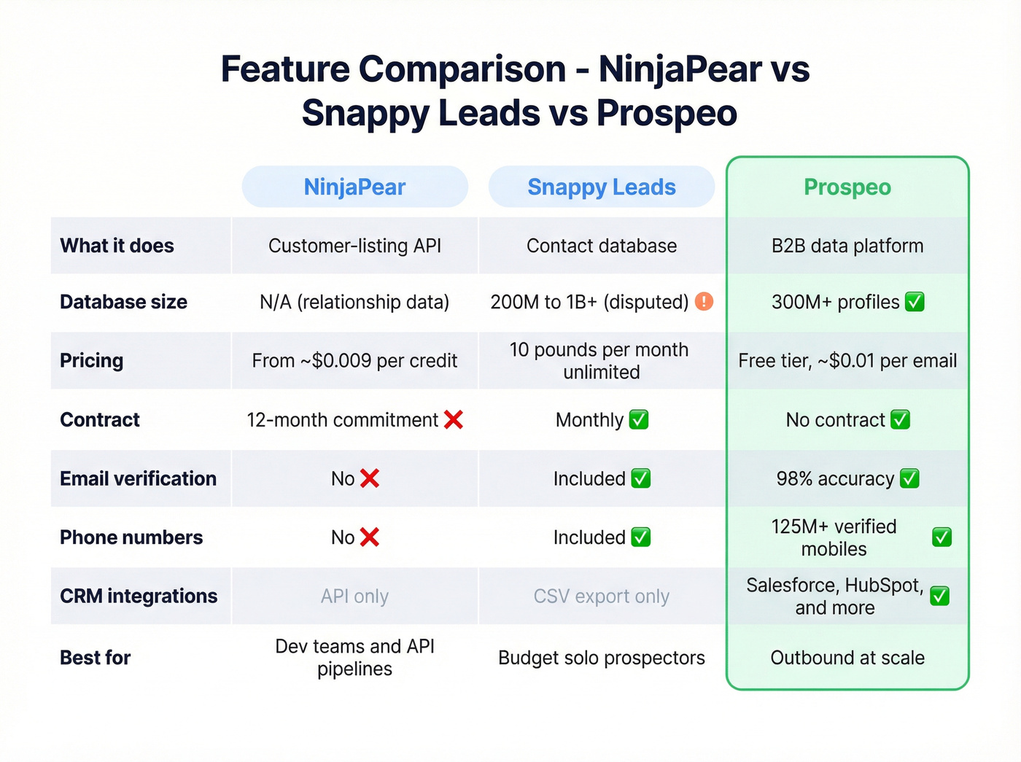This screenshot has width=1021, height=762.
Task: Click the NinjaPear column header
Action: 354,187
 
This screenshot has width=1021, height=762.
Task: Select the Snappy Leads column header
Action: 601,187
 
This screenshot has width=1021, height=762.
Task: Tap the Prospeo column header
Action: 847,187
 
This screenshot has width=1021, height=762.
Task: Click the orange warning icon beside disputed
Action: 704,301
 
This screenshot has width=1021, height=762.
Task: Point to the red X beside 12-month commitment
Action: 454,419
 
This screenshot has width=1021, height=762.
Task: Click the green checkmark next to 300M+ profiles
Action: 915,301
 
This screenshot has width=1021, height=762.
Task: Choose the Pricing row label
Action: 92,360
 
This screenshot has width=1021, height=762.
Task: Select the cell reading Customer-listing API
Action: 354,246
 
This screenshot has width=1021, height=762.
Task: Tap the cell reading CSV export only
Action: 601,596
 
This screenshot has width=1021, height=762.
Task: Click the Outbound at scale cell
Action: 847,658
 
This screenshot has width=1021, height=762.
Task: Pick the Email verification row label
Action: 138,478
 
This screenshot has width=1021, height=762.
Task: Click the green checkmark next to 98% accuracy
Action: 909,478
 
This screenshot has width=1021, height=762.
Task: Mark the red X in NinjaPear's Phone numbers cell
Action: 370,537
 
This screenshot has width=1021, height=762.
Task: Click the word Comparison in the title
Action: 462,69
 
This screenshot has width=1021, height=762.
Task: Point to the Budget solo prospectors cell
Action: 601,658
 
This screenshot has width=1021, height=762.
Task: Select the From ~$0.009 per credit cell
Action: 354,360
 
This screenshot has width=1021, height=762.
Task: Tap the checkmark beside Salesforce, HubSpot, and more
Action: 940,596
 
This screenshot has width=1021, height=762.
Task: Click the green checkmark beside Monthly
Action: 639,419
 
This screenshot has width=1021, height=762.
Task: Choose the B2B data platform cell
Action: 847,246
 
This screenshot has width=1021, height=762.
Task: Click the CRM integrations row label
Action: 139,596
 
